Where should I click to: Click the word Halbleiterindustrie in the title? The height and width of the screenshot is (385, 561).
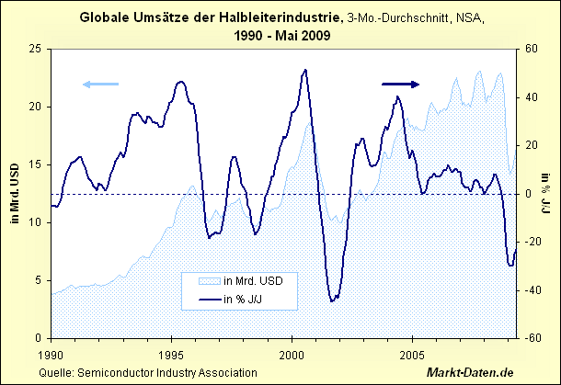click(x=280, y=17)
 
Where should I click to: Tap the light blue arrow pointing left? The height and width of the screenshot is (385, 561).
click(x=100, y=85)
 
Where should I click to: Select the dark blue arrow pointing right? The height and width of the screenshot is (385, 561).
click(x=401, y=84)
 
